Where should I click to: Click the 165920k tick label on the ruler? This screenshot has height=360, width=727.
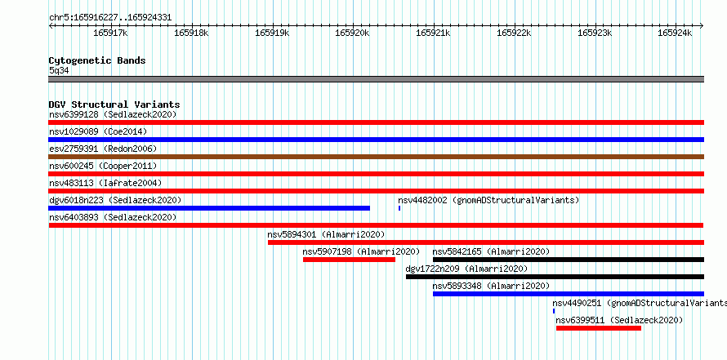[x=353, y=33]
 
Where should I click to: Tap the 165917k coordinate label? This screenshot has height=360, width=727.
[x=111, y=33]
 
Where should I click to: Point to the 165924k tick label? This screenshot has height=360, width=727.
[x=675, y=33]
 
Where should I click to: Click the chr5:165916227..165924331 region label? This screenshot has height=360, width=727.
[x=110, y=18]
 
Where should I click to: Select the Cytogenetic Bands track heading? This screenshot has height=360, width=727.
[x=97, y=60]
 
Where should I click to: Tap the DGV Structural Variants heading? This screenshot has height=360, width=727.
[x=114, y=104]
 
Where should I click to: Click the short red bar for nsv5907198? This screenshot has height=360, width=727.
[x=349, y=260]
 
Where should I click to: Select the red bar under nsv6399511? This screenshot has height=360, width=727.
[x=599, y=328]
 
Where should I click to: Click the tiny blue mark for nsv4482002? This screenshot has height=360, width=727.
[x=399, y=208]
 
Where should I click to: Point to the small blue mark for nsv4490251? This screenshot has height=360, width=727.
[x=554, y=311]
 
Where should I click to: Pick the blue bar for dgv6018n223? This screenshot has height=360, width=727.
[x=209, y=208]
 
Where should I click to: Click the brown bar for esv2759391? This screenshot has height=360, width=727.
[x=376, y=157]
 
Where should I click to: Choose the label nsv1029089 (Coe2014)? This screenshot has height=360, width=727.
[x=98, y=131]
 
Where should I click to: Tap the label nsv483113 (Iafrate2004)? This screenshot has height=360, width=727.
[x=105, y=183]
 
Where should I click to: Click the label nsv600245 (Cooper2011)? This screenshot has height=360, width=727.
[x=103, y=166]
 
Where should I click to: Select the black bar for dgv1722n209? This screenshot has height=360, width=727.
[x=555, y=277]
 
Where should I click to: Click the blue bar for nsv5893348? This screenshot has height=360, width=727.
[x=569, y=294]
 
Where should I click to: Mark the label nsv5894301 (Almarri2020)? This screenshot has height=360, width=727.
[x=326, y=234]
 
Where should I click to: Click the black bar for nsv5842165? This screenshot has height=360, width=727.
[x=569, y=260]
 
